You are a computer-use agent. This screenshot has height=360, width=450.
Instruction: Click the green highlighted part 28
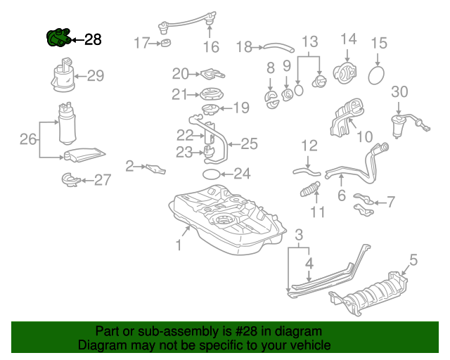(x=58, y=39)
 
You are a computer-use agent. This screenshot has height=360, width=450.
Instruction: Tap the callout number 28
(x=93, y=40)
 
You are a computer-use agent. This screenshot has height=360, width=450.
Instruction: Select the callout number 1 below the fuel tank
(x=179, y=245)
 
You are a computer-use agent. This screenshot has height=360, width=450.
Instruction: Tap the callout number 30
(x=399, y=91)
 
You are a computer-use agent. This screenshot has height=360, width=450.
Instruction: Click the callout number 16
(x=211, y=47)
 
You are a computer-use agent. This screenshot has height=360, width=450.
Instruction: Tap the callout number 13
(x=309, y=42)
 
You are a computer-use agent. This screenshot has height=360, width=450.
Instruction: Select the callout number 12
(x=309, y=146)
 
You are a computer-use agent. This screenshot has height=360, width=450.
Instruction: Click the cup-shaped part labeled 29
(x=63, y=77)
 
